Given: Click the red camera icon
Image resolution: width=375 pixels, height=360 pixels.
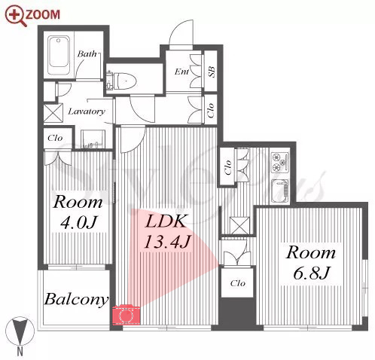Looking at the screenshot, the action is point(126,314).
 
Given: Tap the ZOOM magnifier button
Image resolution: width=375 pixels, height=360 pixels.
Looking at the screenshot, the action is point(32,15).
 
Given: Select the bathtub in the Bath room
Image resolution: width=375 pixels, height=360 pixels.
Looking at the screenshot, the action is point(59,56).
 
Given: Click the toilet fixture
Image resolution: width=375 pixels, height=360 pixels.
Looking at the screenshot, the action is point(122,81).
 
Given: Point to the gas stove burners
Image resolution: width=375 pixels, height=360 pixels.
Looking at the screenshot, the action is point(280,162).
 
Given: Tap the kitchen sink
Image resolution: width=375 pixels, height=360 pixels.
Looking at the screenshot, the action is point(280,191).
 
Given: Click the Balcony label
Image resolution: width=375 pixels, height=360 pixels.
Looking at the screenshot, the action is point(76,300).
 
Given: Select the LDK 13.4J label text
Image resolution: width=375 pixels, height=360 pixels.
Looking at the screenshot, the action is point(167,231).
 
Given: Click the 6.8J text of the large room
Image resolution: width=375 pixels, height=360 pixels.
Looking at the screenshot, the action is point(311,273).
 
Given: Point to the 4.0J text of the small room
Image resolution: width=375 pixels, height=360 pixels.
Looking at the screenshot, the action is point(78,222).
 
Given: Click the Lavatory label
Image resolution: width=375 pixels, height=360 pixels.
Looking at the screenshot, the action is point(87,111).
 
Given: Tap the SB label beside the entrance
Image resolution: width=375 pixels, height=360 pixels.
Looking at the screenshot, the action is point(211,72).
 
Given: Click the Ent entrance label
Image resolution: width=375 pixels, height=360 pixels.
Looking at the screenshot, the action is point(182,72).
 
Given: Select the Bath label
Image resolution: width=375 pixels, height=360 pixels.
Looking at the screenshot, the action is point(87,53).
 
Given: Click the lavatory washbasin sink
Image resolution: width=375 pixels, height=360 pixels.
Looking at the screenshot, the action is point(93,139).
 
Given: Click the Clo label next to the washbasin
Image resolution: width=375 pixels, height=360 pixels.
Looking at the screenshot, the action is point(55,138).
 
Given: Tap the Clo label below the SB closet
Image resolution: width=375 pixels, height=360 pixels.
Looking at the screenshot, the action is point(211,111).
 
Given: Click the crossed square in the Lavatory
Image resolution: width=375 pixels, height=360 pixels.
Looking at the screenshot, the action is point(53,113).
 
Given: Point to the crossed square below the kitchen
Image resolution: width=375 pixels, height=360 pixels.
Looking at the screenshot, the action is point(239,226).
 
